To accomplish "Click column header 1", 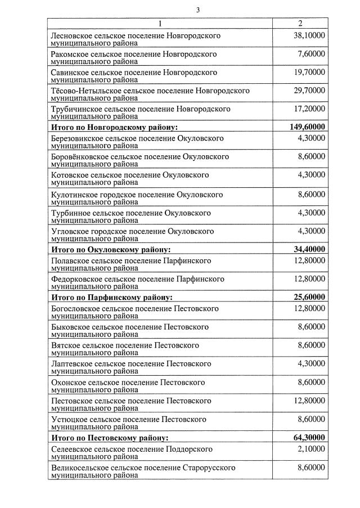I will click(160, 24).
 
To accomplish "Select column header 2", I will click(300, 24).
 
